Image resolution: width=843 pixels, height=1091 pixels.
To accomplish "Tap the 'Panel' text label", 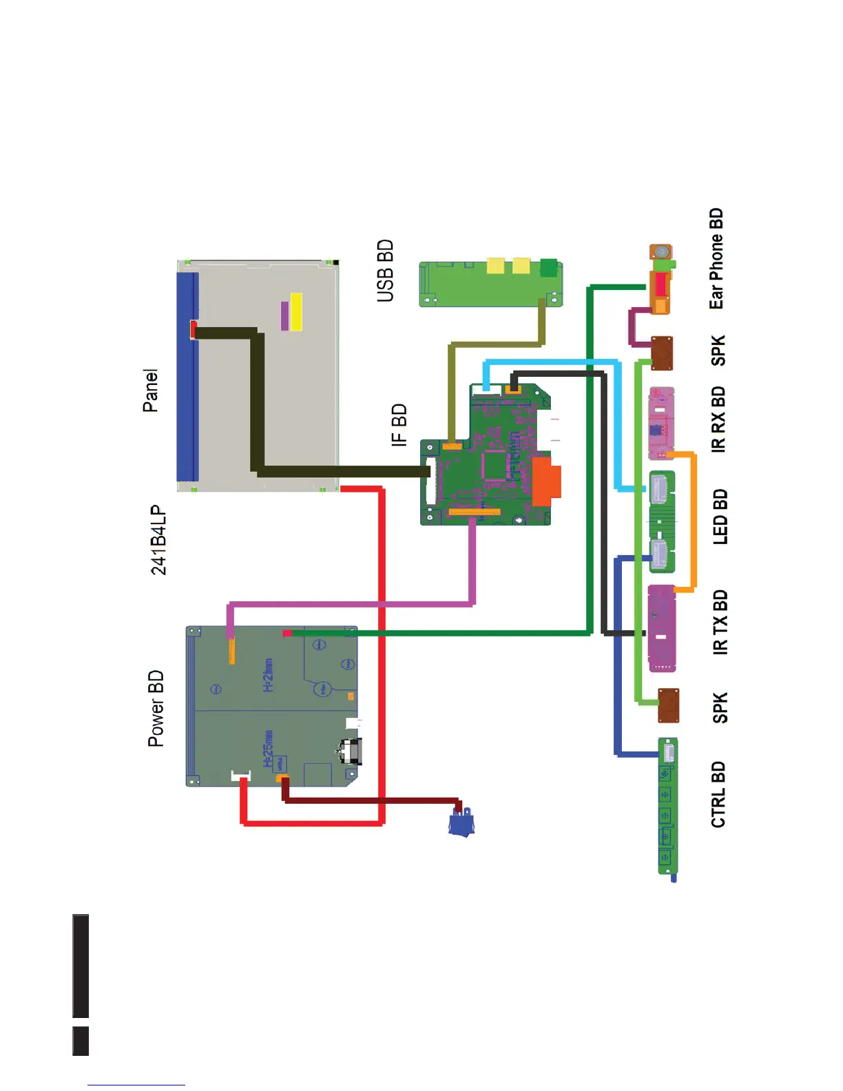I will pos(150,391).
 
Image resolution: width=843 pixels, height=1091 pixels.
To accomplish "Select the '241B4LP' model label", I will pos(158,541).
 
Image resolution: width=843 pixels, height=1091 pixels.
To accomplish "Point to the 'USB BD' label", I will pos(386,271).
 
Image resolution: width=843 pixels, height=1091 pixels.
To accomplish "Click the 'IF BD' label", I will pos(399,425).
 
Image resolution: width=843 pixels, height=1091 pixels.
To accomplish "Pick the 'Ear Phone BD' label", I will pos(716,259).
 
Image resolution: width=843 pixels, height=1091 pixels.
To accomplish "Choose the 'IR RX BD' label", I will pos(718,419).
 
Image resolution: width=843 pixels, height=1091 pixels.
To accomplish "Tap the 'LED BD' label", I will pos(720,517).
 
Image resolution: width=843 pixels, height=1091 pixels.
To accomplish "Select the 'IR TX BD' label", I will pos(720,622).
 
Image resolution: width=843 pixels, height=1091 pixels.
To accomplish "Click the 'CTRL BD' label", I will pos(718,794).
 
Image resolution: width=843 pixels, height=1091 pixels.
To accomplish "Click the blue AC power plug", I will pos(461,822).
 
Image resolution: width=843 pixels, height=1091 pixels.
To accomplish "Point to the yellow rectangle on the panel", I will pos(296,312).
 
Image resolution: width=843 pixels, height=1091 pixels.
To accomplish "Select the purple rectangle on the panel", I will pos(285,315).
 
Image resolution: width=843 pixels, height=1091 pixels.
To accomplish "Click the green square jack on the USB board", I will pos(548,267).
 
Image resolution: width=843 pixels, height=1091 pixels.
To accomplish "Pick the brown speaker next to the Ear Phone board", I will pos(662,353).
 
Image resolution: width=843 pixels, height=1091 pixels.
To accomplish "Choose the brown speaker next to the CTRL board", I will pos(668,705).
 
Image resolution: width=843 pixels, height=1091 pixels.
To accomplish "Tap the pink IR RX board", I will pos(661,422).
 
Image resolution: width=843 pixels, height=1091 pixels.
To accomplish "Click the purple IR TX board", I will pos(662,628).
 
